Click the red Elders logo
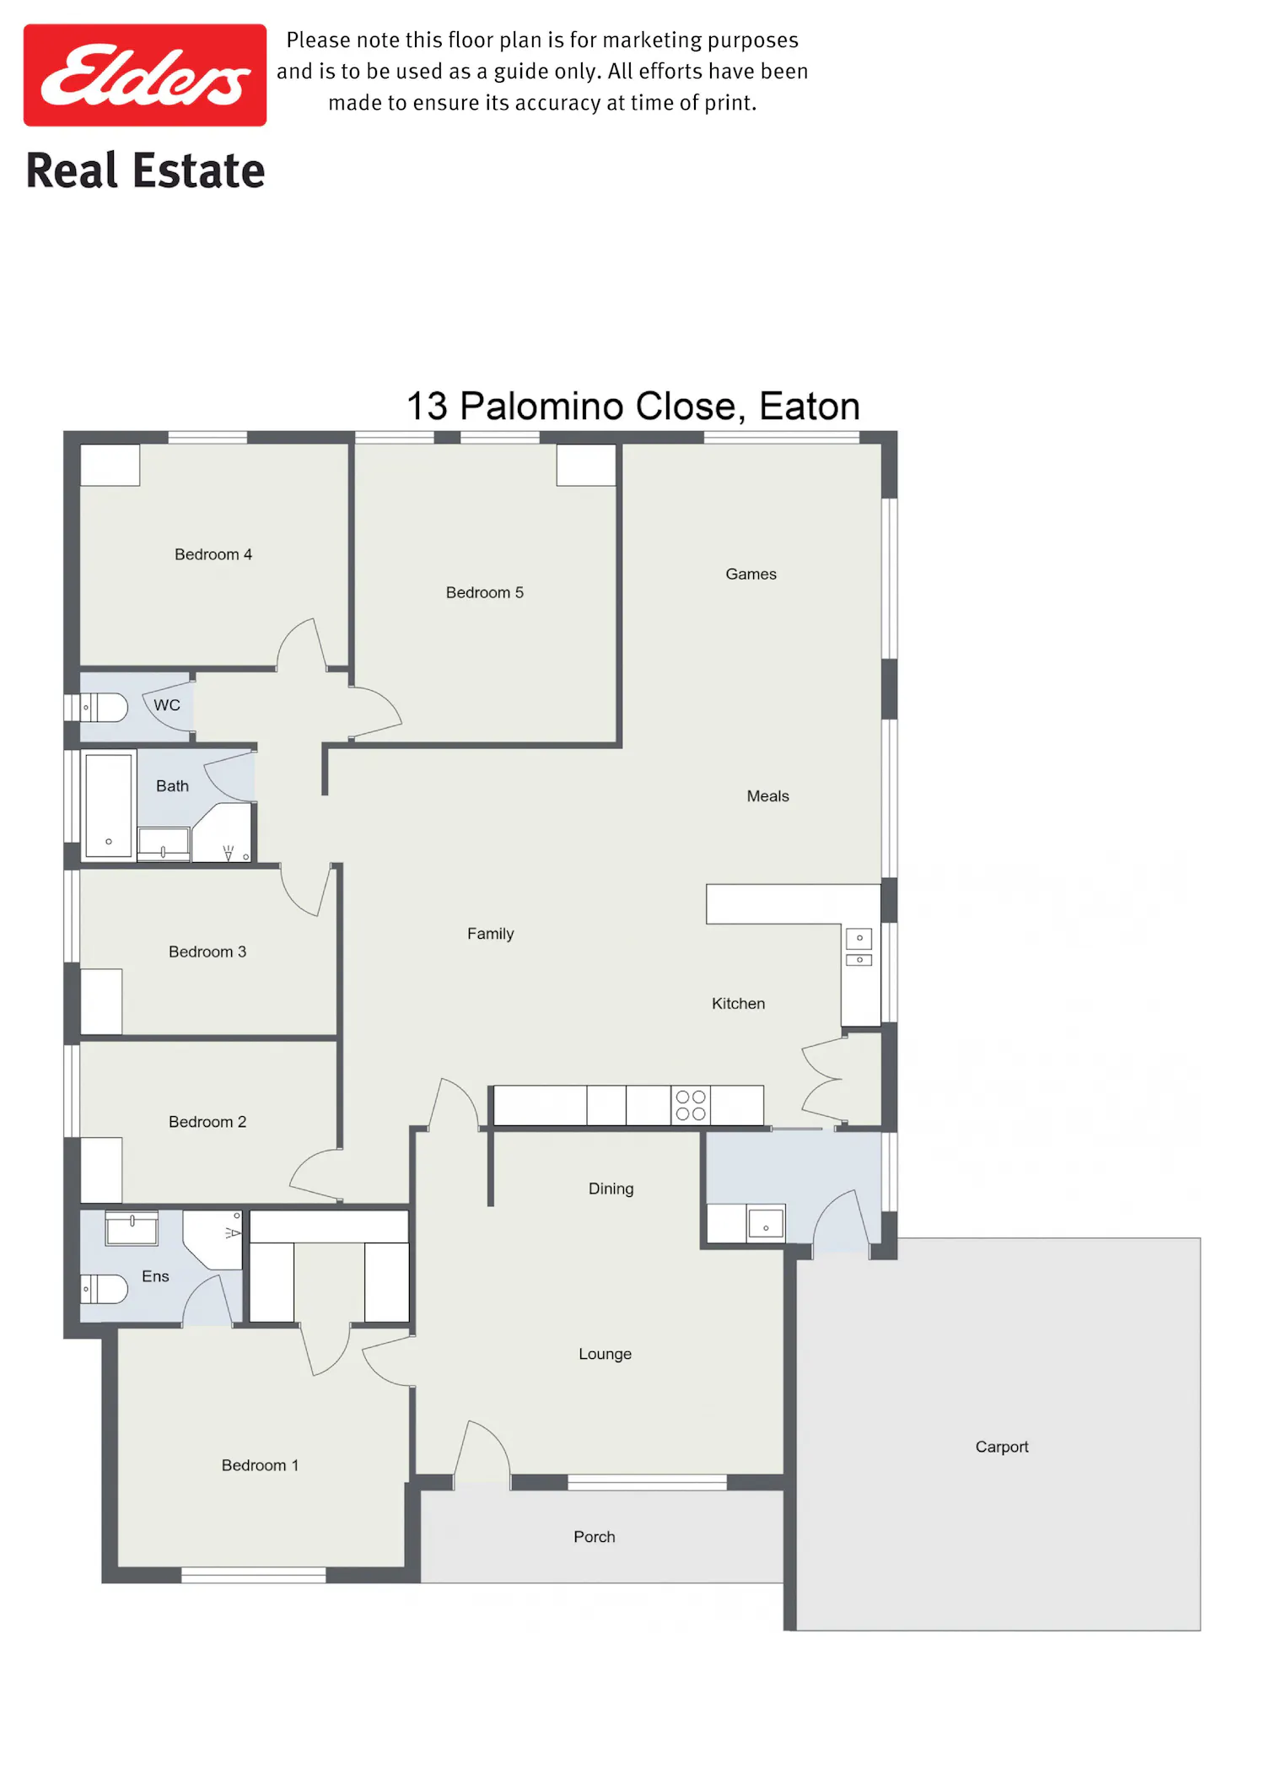(x=145, y=75)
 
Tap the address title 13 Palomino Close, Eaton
(x=633, y=407)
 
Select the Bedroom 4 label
(x=213, y=554)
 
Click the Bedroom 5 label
(x=485, y=592)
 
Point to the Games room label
(x=751, y=574)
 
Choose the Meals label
(x=768, y=795)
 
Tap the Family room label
(x=491, y=934)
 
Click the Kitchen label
(x=739, y=1003)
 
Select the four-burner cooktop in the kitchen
(x=691, y=1105)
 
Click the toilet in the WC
(x=104, y=707)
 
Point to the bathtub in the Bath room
(x=109, y=806)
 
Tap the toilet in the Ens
(x=104, y=1289)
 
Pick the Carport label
(x=1002, y=1447)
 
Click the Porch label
(x=595, y=1537)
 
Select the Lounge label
(x=606, y=1354)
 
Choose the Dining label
(x=611, y=1189)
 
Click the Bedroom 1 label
(x=261, y=1465)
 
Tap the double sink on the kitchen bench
(x=859, y=947)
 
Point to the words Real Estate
(x=146, y=170)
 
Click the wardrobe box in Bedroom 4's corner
(x=110, y=465)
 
